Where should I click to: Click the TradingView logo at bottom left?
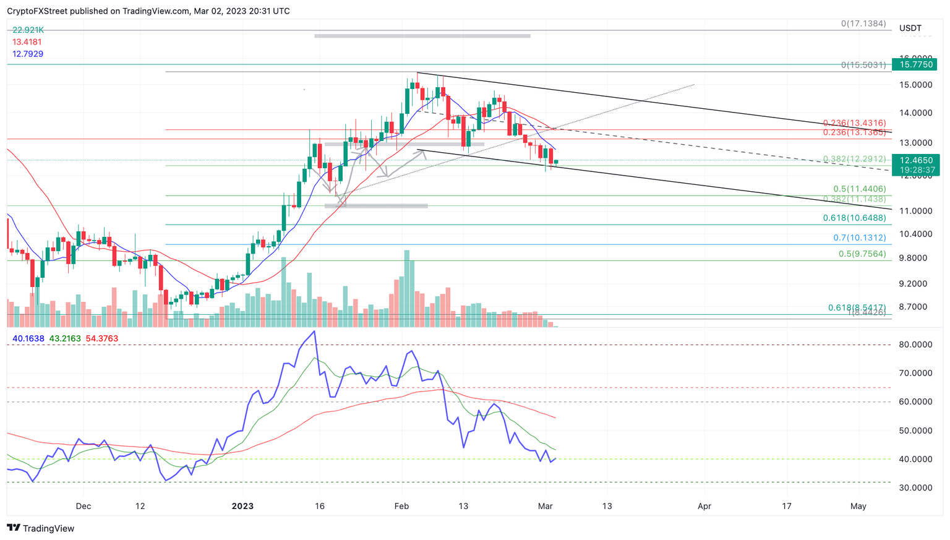tap(40, 528)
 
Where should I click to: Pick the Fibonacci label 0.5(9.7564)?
tap(862, 254)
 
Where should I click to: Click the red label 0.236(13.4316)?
tap(854, 124)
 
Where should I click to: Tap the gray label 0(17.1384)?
tap(863, 24)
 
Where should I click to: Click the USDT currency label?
tap(910, 28)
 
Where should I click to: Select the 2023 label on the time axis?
tap(242, 506)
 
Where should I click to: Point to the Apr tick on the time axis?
tap(704, 506)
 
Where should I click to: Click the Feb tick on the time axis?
tap(401, 506)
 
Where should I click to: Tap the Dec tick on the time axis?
tap(83, 506)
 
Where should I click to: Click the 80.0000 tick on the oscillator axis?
tap(915, 345)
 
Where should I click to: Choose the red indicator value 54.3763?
tap(101, 338)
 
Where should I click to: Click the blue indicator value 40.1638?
tap(28, 338)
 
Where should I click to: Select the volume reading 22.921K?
tap(28, 30)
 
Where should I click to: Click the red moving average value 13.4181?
tap(27, 42)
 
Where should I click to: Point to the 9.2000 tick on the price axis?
tap(912, 284)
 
